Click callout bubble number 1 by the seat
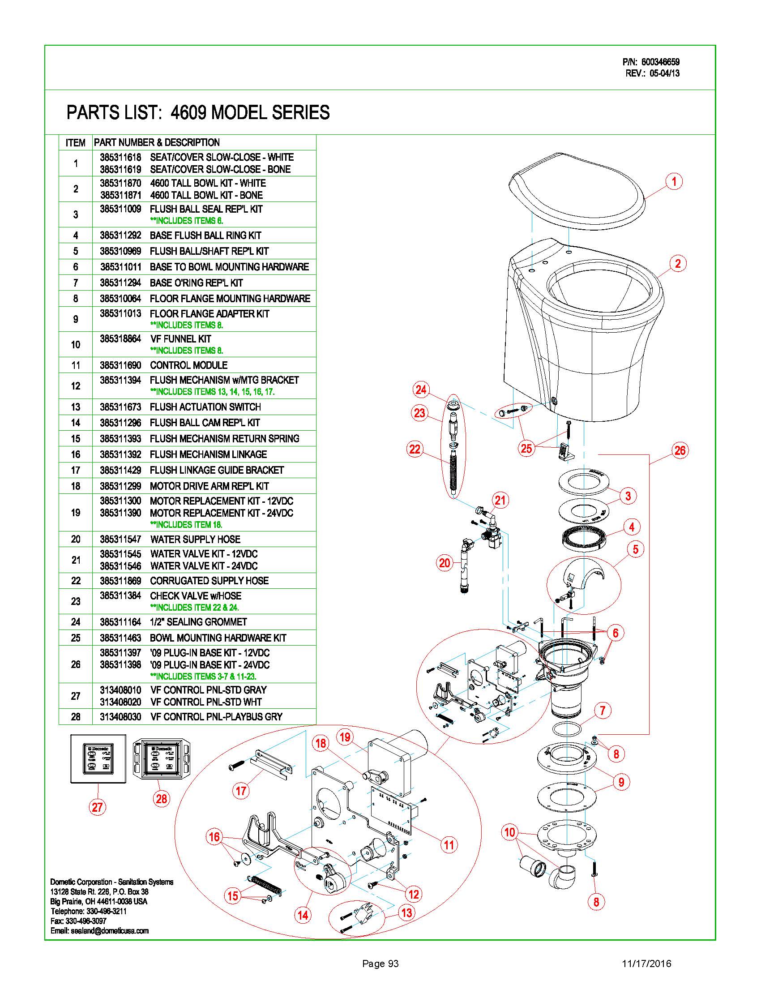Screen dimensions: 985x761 click(x=674, y=182)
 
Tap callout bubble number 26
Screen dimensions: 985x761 click(x=680, y=450)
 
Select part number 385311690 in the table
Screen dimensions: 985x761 click(x=120, y=365)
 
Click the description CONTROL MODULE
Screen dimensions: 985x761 click(x=188, y=365)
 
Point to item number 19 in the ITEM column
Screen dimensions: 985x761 click(x=75, y=512)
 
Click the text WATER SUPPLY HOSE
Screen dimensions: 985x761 click(x=195, y=539)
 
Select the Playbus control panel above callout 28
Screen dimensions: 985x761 click(x=162, y=759)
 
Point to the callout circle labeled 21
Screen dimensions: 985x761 click(x=500, y=500)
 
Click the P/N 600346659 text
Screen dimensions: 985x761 click(x=650, y=62)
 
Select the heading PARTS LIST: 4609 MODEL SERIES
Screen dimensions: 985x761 click(x=198, y=112)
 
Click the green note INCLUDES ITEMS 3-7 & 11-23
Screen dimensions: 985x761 click(x=203, y=677)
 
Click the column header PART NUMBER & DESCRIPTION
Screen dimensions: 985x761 click(x=156, y=142)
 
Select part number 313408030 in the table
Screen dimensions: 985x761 click(x=120, y=717)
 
